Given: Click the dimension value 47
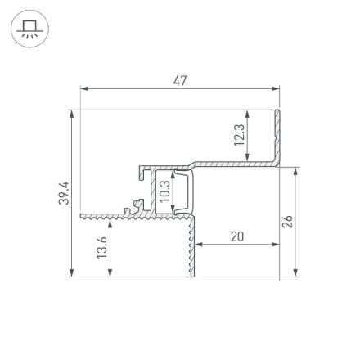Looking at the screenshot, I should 181,80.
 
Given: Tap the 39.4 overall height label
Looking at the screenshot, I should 65,194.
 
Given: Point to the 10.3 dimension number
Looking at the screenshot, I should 164,191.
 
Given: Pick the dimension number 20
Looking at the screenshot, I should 236,236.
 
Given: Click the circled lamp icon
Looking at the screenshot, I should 30,29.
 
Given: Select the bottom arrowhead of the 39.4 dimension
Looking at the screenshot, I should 74,274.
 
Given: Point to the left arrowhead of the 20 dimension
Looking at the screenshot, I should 200,244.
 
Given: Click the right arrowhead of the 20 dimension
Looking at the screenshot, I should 274,244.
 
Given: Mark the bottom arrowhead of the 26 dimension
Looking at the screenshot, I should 295,274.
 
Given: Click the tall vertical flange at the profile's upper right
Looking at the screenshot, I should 277,135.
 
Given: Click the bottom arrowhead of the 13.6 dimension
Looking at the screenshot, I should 110,274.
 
